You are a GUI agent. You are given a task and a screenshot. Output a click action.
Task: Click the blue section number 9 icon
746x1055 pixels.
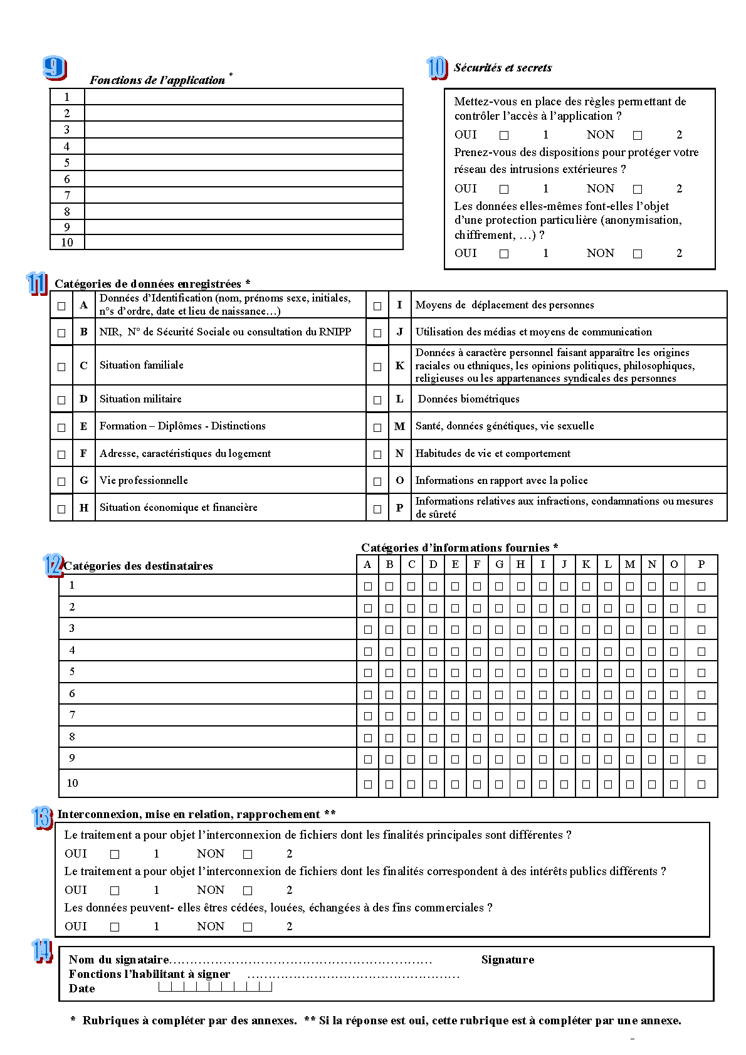click(x=55, y=68)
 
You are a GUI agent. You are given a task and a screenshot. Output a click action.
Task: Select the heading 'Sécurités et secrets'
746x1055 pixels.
click(x=503, y=68)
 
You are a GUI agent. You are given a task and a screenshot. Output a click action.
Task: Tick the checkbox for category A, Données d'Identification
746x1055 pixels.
click(x=61, y=306)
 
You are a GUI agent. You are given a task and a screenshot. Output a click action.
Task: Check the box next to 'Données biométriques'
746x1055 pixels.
click(x=377, y=400)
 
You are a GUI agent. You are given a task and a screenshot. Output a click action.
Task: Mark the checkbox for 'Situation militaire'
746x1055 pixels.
click(x=61, y=400)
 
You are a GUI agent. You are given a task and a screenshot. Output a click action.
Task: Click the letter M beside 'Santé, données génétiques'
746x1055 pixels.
click(x=399, y=426)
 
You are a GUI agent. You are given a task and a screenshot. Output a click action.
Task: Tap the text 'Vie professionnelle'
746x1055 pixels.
click(x=144, y=480)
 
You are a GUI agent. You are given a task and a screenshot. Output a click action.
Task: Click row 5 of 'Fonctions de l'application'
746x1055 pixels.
click(x=243, y=162)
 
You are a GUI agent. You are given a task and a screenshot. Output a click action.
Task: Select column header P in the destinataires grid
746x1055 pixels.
click(x=701, y=564)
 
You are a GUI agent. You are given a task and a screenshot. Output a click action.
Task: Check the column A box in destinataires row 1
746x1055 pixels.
click(x=368, y=586)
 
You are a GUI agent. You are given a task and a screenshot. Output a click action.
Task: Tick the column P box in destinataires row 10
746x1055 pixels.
click(x=701, y=784)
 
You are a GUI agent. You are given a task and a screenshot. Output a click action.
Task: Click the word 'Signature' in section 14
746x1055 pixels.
click(x=508, y=960)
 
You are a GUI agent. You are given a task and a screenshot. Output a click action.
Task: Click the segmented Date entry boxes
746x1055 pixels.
click(x=215, y=987)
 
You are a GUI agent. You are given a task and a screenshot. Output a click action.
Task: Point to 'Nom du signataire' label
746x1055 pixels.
click(x=118, y=960)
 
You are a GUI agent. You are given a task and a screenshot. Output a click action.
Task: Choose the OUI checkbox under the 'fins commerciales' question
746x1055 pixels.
click(x=115, y=926)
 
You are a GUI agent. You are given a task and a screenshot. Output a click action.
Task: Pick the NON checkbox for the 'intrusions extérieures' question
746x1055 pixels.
click(x=638, y=189)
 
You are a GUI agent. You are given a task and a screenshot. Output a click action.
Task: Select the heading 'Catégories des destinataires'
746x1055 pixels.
click(x=139, y=566)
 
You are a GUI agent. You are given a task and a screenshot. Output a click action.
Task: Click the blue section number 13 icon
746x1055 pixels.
click(x=41, y=817)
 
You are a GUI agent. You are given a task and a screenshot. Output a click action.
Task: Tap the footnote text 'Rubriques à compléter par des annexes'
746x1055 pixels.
click(x=189, y=1021)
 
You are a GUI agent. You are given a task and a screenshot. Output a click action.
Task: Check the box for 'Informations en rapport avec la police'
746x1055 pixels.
click(x=377, y=481)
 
